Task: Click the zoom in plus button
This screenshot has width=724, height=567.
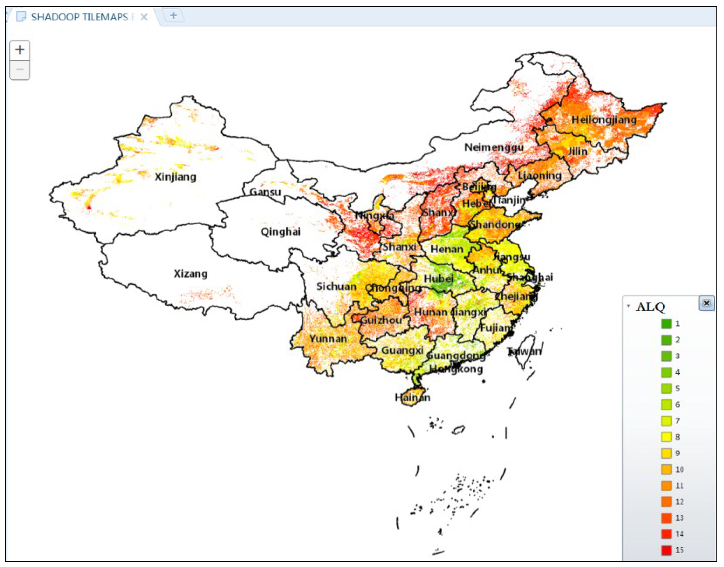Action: click(x=20, y=50)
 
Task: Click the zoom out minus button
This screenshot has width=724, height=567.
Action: click(x=20, y=70)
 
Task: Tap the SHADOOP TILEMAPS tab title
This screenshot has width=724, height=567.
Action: click(x=80, y=17)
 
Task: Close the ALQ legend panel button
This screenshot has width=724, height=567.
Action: click(x=707, y=303)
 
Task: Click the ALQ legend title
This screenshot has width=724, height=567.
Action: click(x=650, y=307)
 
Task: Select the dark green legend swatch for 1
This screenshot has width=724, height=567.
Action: click(x=666, y=323)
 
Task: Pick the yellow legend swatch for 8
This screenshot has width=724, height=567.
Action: click(x=666, y=437)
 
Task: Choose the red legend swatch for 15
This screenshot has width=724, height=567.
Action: click(x=666, y=550)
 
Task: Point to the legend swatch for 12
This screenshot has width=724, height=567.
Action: click(x=666, y=502)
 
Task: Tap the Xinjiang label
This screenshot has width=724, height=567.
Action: click(x=175, y=177)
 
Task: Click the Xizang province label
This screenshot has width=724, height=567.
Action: click(x=191, y=274)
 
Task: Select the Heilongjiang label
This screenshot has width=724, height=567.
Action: click(x=604, y=119)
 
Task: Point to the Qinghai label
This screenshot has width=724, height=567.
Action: click(x=281, y=231)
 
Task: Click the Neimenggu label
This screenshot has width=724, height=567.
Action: click(x=494, y=147)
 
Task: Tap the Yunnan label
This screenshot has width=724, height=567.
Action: click(x=328, y=339)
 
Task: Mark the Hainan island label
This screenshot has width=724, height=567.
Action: click(x=412, y=397)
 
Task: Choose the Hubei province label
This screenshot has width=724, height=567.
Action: click(x=438, y=279)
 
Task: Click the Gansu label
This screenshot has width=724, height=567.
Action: click(x=265, y=192)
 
